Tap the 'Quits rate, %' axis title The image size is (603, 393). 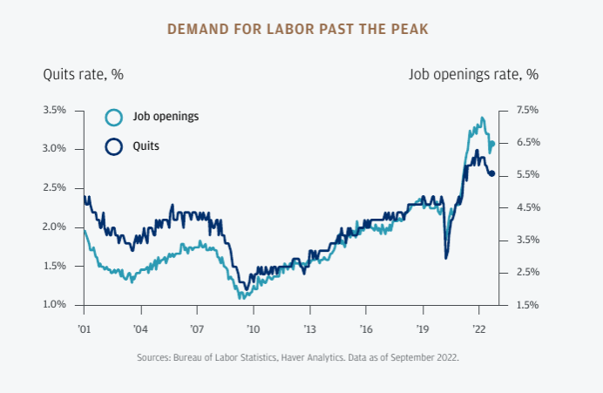[x=83, y=74]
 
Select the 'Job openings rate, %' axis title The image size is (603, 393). [x=473, y=74]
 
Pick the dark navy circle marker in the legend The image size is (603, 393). [x=113, y=146]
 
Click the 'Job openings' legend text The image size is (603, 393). [x=166, y=117]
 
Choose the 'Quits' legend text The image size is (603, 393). [x=146, y=146]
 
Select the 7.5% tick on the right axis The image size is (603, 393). [x=527, y=110]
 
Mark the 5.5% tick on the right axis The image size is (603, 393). [x=527, y=175]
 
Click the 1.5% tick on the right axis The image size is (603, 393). [x=527, y=305]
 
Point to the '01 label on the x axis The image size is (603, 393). [x=84, y=330]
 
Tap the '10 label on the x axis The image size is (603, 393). [x=253, y=330]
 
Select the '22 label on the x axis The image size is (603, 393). [x=478, y=330]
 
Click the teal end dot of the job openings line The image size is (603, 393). [x=492, y=144]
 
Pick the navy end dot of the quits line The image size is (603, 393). [x=492, y=173]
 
